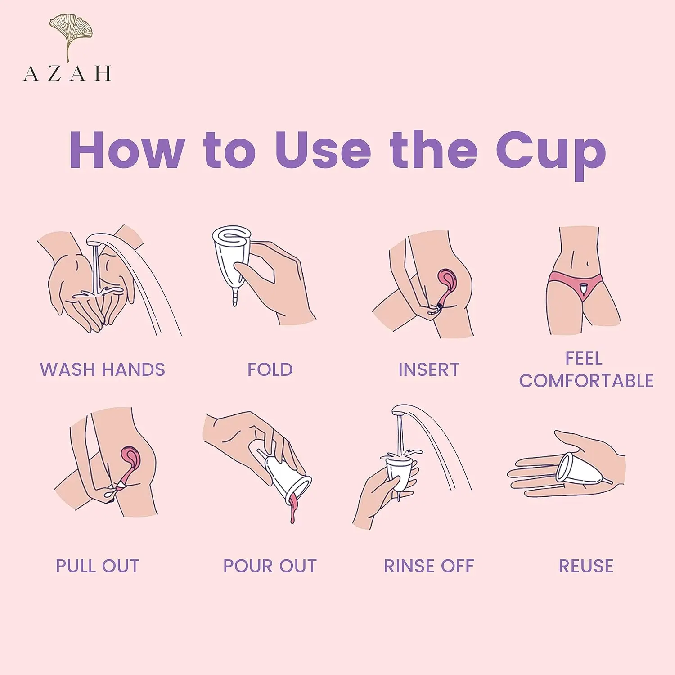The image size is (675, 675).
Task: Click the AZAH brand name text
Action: tap(67, 73)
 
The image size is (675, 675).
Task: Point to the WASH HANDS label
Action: tap(103, 369)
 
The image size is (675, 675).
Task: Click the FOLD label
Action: tap(270, 369)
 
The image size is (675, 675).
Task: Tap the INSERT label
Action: tap(429, 369)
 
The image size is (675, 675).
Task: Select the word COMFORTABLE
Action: tap(586, 381)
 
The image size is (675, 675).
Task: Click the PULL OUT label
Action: tap(98, 566)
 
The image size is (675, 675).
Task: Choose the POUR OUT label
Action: tap(270, 566)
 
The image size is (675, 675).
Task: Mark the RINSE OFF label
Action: tap(429, 566)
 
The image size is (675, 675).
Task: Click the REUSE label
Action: tap(586, 566)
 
